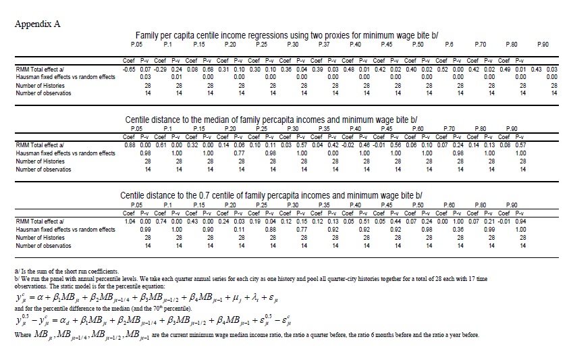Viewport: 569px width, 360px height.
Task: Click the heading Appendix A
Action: tap(37, 24)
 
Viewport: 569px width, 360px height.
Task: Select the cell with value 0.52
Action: tap(443, 69)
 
